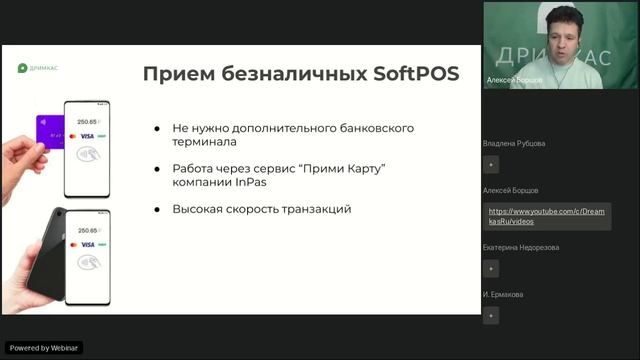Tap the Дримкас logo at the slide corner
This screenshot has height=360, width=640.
[39, 68]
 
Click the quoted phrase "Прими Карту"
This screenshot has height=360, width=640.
[345, 167]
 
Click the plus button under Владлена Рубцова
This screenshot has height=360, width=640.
[490, 165]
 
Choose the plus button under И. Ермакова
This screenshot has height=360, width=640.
[490, 315]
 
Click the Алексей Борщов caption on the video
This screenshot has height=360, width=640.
[514, 78]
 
